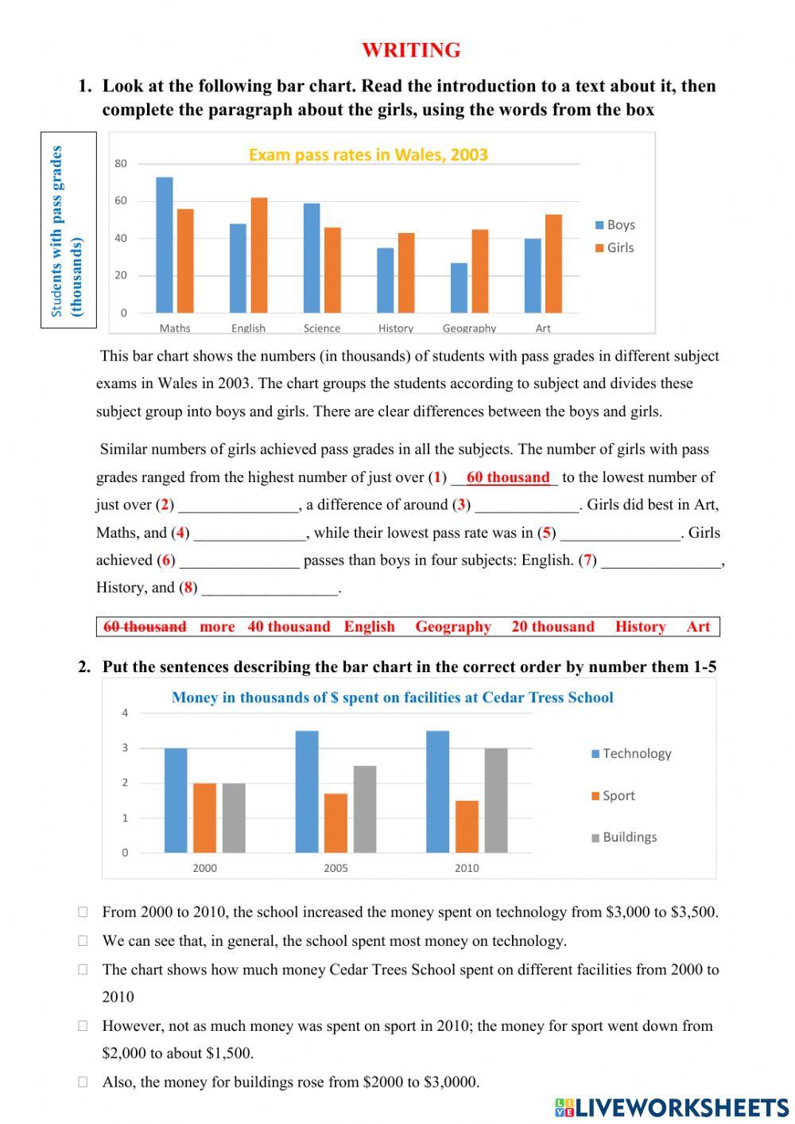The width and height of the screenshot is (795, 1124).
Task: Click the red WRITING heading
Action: (411, 50)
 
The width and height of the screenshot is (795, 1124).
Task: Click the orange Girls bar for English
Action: (259, 255)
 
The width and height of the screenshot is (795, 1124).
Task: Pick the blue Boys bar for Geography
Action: (460, 288)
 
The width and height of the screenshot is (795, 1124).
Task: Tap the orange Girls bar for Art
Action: (554, 263)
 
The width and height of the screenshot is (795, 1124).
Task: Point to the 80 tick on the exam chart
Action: (121, 164)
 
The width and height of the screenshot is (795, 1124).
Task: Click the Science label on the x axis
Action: (322, 329)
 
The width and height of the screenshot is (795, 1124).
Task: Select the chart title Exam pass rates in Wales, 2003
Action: (368, 155)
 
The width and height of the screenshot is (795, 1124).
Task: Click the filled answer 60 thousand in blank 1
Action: (508, 477)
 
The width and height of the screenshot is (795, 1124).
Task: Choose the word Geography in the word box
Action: (453, 627)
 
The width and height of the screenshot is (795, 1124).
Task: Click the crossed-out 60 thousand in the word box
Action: (145, 627)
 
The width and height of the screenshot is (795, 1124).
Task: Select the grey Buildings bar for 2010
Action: (496, 800)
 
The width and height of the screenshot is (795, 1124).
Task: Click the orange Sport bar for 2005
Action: (336, 823)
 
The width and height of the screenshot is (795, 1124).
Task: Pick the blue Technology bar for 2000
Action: (176, 800)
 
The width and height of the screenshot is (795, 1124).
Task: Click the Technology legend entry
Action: (631, 754)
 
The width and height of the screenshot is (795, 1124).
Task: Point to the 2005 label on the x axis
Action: (335, 868)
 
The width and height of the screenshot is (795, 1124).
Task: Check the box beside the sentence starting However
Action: (83, 1026)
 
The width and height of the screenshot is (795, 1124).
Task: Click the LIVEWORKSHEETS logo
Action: (672, 1107)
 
